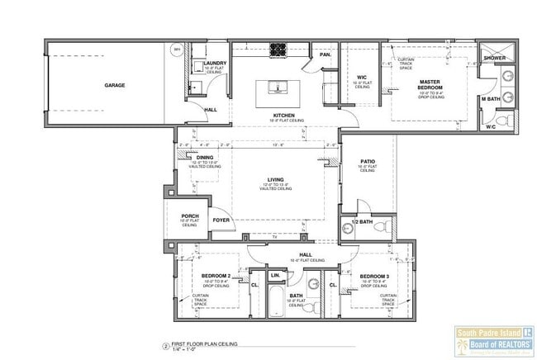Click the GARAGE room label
coord(115,85)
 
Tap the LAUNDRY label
coord(216,63)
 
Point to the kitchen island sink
coord(278,84)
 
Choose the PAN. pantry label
coord(326,55)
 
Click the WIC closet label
coord(361,78)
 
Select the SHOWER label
coord(495,59)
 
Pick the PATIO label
coord(368,162)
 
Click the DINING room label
coord(205,157)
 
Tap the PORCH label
coord(189,217)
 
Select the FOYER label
coord(221,220)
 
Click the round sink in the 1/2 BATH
coord(348,230)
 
